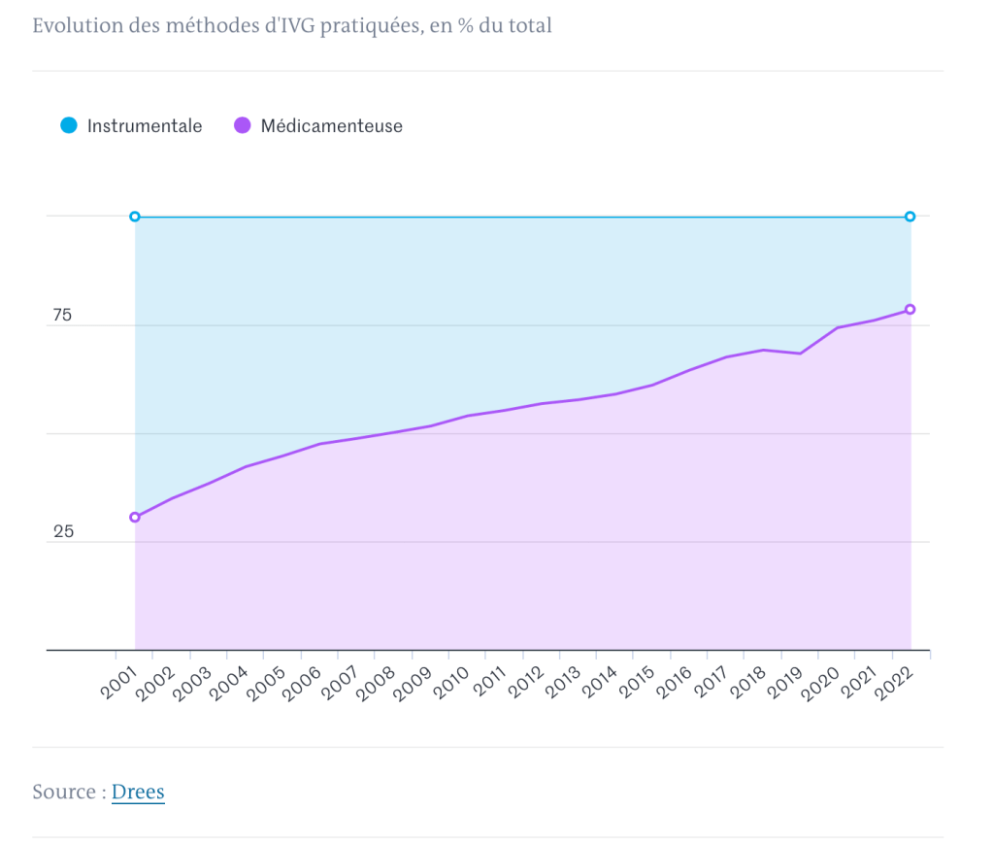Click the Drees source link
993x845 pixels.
pyautogui.click(x=138, y=792)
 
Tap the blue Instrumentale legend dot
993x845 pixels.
pyautogui.click(x=68, y=125)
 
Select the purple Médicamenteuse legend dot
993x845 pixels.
pyautogui.click(x=243, y=125)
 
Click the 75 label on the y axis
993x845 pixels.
pyautogui.click(x=62, y=316)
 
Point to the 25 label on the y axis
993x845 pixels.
pyautogui.click(x=63, y=532)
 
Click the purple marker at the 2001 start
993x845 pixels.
pyautogui.click(x=135, y=517)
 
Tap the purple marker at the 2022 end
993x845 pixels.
pyautogui.click(x=910, y=310)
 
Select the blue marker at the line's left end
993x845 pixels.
pyautogui.click(x=135, y=217)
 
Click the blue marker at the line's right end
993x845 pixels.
pyautogui.click(x=910, y=217)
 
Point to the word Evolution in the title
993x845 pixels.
pyautogui.click(x=77, y=25)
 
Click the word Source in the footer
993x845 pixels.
pyautogui.click(x=64, y=792)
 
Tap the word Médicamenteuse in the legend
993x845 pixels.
pyautogui.click(x=331, y=125)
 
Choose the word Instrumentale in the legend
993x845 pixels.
pyautogui.click(x=145, y=125)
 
